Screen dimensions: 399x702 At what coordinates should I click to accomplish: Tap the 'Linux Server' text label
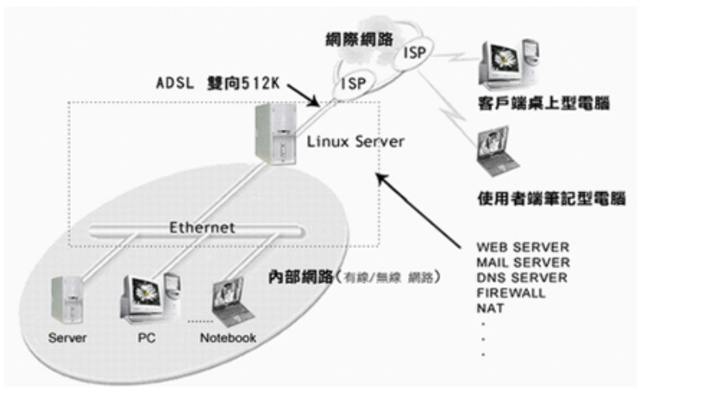coord(355,142)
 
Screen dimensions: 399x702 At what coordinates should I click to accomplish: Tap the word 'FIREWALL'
coord(509,293)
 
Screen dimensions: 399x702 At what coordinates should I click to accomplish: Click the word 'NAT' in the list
coord(490,308)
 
